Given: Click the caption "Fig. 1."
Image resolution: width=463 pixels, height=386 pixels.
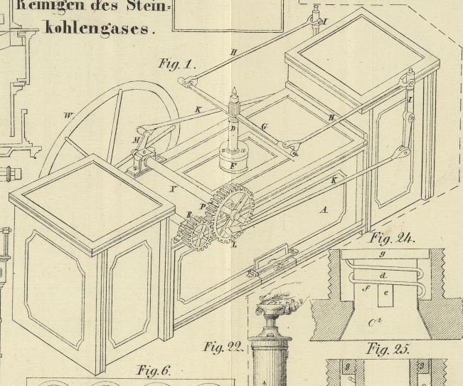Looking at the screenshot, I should (x=176, y=64).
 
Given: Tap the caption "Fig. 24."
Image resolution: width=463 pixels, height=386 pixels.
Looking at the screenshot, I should (x=392, y=239).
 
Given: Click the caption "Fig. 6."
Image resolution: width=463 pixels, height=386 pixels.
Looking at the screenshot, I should (x=154, y=370).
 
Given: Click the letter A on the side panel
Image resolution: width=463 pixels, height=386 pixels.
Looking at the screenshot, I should (x=324, y=209).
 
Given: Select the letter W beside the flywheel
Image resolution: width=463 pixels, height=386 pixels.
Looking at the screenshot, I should (x=68, y=115).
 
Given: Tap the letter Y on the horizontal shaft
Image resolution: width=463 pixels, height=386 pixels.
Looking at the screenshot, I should (x=173, y=189).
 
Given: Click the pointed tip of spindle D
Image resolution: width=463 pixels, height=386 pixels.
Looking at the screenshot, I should (x=233, y=89).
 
